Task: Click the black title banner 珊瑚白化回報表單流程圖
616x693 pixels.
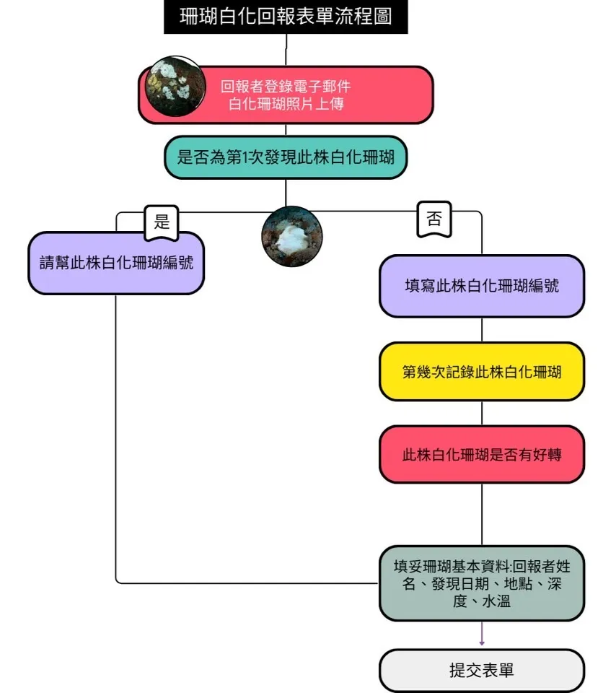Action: (286, 17)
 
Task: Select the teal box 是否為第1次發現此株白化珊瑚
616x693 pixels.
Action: (286, 157)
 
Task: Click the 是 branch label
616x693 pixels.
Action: (162, 222)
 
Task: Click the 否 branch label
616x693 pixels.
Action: (434, 219)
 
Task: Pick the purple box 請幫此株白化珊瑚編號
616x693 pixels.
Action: (116, 263)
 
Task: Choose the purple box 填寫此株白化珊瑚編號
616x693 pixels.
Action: (482, 286)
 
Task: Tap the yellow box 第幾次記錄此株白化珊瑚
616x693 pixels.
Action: (482, 372)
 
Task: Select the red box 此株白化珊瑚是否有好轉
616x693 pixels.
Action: (482, 454)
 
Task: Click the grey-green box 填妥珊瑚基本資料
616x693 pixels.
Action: (482, 583)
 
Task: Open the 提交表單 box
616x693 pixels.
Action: (482, 671)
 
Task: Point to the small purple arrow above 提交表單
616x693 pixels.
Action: (482, 634)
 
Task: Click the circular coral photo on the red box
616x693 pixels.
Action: (175, 86)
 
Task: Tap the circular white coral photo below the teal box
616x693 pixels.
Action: (292, 237)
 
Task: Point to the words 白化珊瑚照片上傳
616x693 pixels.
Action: (286, 104)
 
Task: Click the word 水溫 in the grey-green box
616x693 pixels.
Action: (496, 601)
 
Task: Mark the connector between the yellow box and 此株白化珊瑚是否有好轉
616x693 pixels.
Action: (482, 413)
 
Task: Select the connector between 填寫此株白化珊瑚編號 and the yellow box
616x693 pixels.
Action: (482, 330)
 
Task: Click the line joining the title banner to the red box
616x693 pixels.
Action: (286, 50)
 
